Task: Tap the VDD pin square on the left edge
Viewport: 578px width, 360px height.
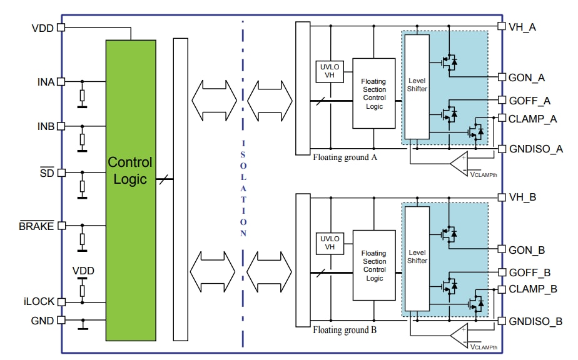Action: pyautogui.click(x=61, y=27)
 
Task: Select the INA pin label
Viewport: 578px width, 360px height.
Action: pyautogui.click(x=46, y=81)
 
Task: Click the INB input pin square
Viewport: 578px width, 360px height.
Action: pyautogui.click(x=61, y=126)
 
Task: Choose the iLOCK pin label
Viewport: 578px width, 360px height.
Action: pyautogui.click(x=38, y=301)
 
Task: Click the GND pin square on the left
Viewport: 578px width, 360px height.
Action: pyautogui.click(x=61, y=321)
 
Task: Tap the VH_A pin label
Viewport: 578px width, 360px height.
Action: pyautogui.click(x=523, y=27)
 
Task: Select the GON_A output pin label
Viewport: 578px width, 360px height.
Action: pyautogui.click(x=527, y=77)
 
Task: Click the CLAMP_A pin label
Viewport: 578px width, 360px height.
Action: pyautogui.click(x=532, y=119)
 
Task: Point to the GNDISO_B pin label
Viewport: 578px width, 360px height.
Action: pyautogui.click(x=535, y=322)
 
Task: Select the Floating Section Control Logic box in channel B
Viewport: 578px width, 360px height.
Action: pyautogui.click(x=374, y=266)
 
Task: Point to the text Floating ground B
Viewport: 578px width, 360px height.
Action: pyautogui.click(x=345, y=330)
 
